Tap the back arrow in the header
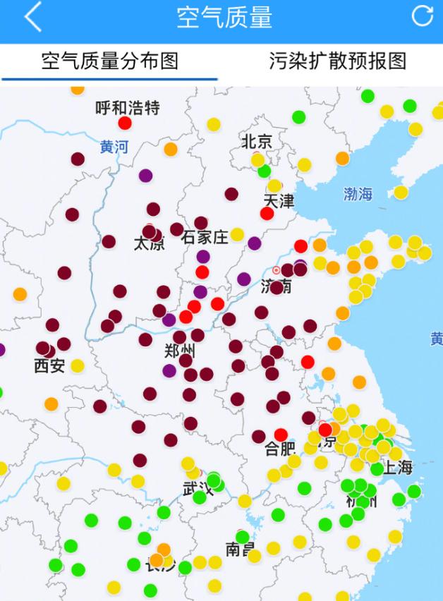click(x=32, y=18)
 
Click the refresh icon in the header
click(x=422, y=16)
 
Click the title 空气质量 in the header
click(x=224, y=18)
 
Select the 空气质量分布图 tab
click(x=109, y=61)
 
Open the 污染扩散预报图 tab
click(x=337, y=61)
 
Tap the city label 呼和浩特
click(x=128, y=108)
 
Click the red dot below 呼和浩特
click(x=125, y=123)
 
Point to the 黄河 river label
click(x=114, y=147)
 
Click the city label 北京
click(x=257, y=141)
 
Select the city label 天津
click(x=278, y=201)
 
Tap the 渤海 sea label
click(x=358, y=194)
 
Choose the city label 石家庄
click(x=205, y=238)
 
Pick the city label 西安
click(x=49, y=365)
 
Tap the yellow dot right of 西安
click(x=78, y=365)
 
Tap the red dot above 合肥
click(x=281, y=435)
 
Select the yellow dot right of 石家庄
click(x=237, y=234)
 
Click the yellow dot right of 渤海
click(x=401, y=192)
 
